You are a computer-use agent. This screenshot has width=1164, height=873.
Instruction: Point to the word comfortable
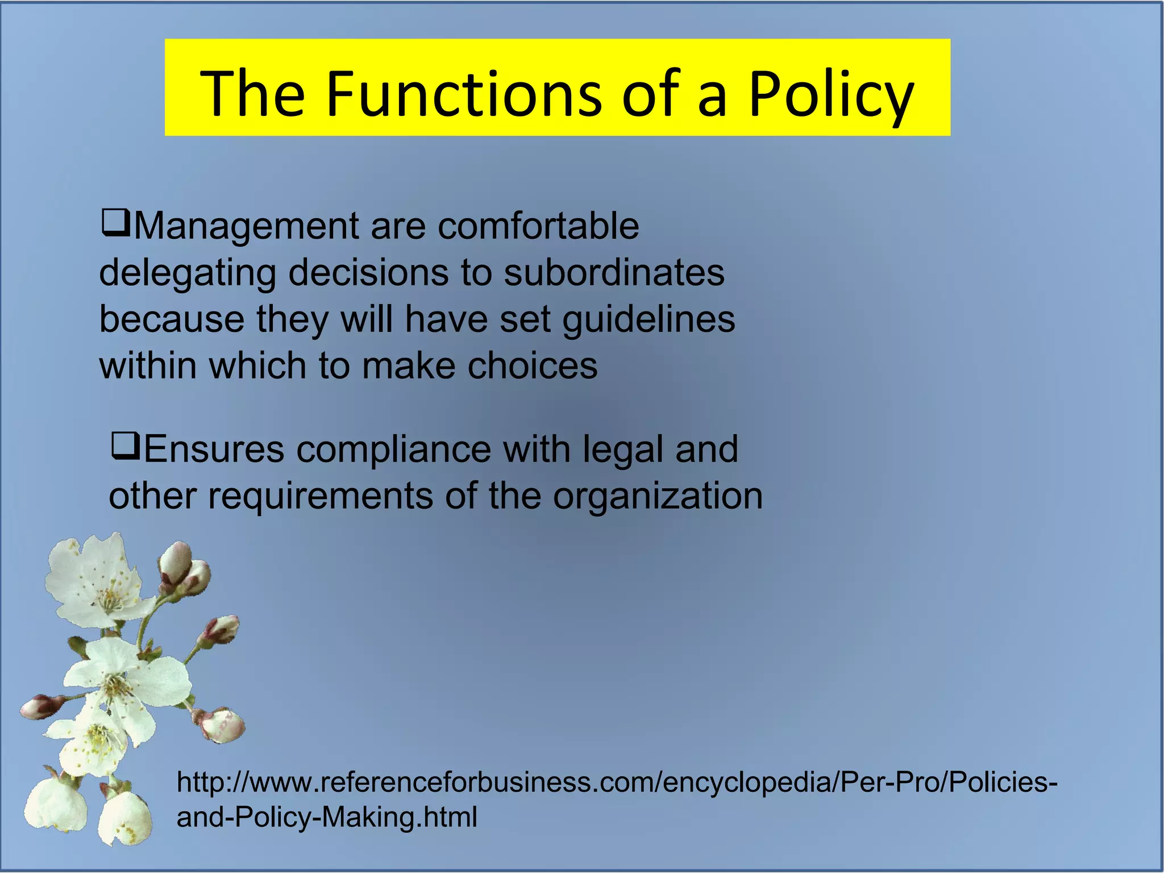(x=538, y=226)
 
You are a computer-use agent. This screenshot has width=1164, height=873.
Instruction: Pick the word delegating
(x=188, y=273)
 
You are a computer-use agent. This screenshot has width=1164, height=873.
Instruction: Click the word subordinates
(x=614, y=273)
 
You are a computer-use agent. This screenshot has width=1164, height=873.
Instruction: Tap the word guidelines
(x=648, y=319)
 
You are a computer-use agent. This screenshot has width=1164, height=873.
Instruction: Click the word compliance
(x=393, y=450)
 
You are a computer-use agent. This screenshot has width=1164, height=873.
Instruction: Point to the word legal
(x=622, y=450)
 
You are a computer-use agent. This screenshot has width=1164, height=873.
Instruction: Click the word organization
(x=658, y=496)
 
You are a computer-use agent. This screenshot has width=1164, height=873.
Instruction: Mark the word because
(x=172, y=319)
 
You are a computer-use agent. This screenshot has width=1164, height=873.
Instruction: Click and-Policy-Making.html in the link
(x=327, y=817)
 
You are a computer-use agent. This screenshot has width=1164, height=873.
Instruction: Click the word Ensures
(x=214, y=450)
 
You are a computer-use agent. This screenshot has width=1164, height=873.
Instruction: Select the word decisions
(x=368, y=273)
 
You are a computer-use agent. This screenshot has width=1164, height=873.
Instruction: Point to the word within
(x=147, y=365)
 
